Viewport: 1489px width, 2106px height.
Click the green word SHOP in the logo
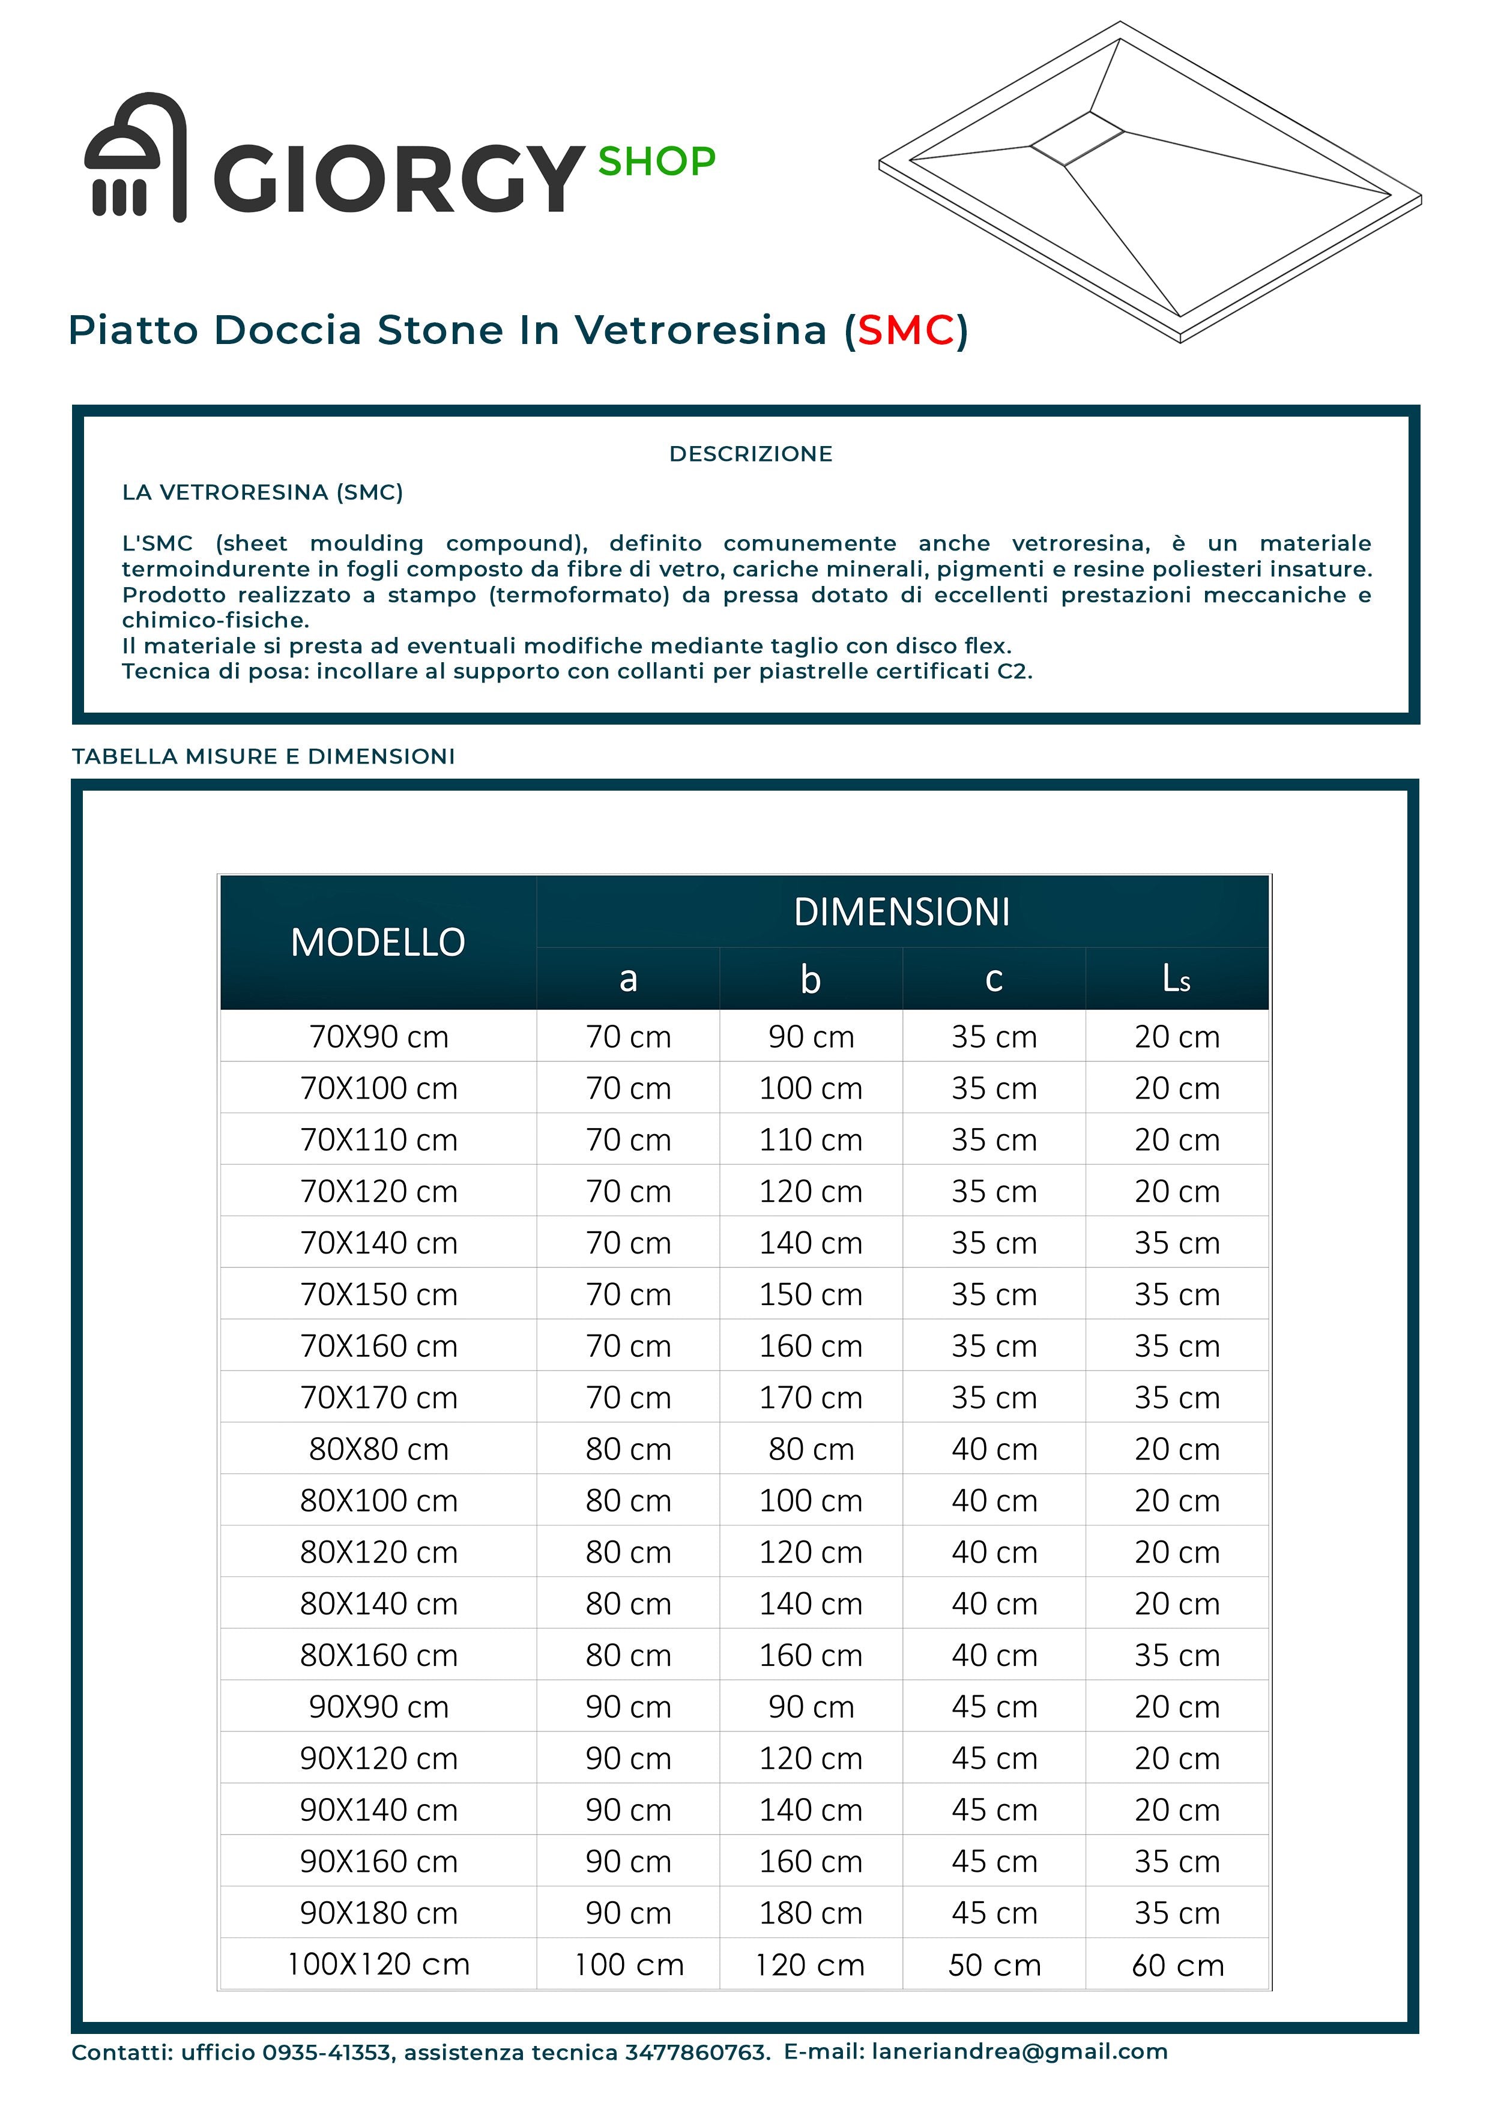coord(656,162)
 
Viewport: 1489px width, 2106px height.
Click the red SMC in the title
coord(905,330)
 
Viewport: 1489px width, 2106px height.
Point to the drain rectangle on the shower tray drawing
coord(1077,139)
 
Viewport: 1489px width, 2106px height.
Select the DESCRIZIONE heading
coord(751,454)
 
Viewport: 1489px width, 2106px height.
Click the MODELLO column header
coord(378,942)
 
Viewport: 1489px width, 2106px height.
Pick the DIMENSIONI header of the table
coord(902,912)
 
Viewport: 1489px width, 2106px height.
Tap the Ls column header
coord(1176,979)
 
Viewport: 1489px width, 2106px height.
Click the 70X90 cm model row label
coord(378,1037)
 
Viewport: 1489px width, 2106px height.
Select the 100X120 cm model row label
coord(378,1965)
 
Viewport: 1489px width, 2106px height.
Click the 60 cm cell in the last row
coord(1177,1966)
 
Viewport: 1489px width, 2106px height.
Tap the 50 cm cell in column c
coord(994,1966)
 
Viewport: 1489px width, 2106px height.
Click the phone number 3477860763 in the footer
coord(696,2053)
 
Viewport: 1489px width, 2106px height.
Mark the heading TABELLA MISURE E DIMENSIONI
coord(264,756)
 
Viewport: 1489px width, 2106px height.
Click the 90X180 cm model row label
coord(378,1913)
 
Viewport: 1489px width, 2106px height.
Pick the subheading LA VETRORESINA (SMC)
coord(262,492)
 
